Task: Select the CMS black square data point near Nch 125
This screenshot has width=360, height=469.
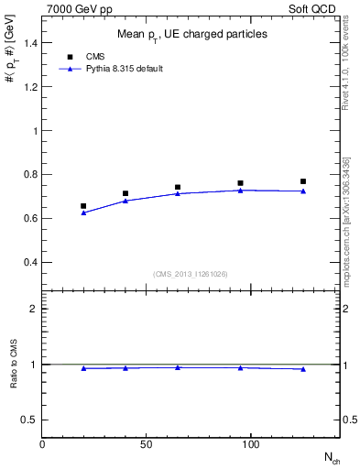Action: pos(303,181)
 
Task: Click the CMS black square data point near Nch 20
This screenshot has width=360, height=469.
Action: pos(83,206)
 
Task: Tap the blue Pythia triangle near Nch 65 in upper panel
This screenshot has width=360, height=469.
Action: pos(178,193)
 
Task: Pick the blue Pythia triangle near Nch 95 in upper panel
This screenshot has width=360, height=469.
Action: pos(240,190)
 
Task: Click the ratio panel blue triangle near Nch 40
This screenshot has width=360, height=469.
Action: pos(125,368)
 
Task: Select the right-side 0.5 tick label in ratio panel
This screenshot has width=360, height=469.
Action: pos(350,420)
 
